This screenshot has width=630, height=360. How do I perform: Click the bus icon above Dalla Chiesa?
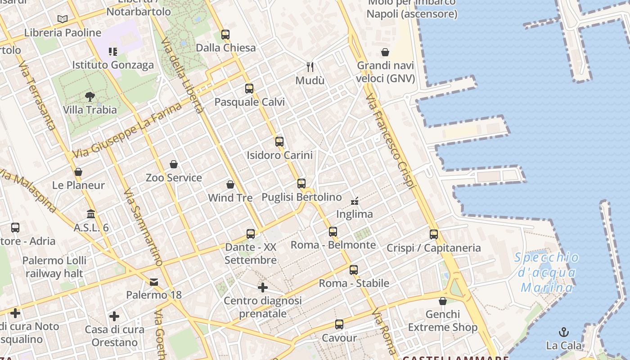pyautogui.click(x=225, y=35)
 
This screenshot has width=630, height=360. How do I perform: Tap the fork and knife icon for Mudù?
pyautogui.click(x=310, y=67)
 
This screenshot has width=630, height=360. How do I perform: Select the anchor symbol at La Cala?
pyautogui.click(x=563, y=333)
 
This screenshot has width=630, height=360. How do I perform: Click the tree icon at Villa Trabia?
pyautogui.click(x=90, y=96)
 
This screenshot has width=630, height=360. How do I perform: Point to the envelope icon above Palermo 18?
pyautogui.click(x=154, y=282)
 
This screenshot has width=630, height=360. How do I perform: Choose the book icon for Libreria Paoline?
pyautogui.click(x=63, y=19)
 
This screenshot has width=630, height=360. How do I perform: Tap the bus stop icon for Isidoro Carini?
pyautogui.click(x=279, y=142)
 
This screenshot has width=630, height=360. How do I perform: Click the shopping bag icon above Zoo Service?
pyautogui.click(x=174, y=164)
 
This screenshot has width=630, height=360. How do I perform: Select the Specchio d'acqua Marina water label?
pyautogui.click(x=546, y=273)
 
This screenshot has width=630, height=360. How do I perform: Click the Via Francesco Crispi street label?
pyautogui.click(x=391, y=142)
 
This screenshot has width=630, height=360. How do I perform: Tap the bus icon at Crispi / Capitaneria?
pyautogui.click(x=434, y=234)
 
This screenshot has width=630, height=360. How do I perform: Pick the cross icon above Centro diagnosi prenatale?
pyautogui.click(x=263, y=287)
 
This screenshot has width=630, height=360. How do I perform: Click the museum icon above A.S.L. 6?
pyautogui.click(x=91, y=214)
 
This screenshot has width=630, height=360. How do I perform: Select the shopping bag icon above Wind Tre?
pyautogui.click(x=230, y=184)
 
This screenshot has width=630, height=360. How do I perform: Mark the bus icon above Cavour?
pyautogui.click(x=339, y=324)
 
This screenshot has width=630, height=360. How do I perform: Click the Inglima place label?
pyautogui.click(x=355, y=214)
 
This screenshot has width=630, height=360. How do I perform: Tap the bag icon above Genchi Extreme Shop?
pyautogui.click(x=443, y=301)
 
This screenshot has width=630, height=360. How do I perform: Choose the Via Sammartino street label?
pyautogui.click(x=143, y=228)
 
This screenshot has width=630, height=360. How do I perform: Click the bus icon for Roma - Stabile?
pyautogui.click(x=354, y=270)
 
